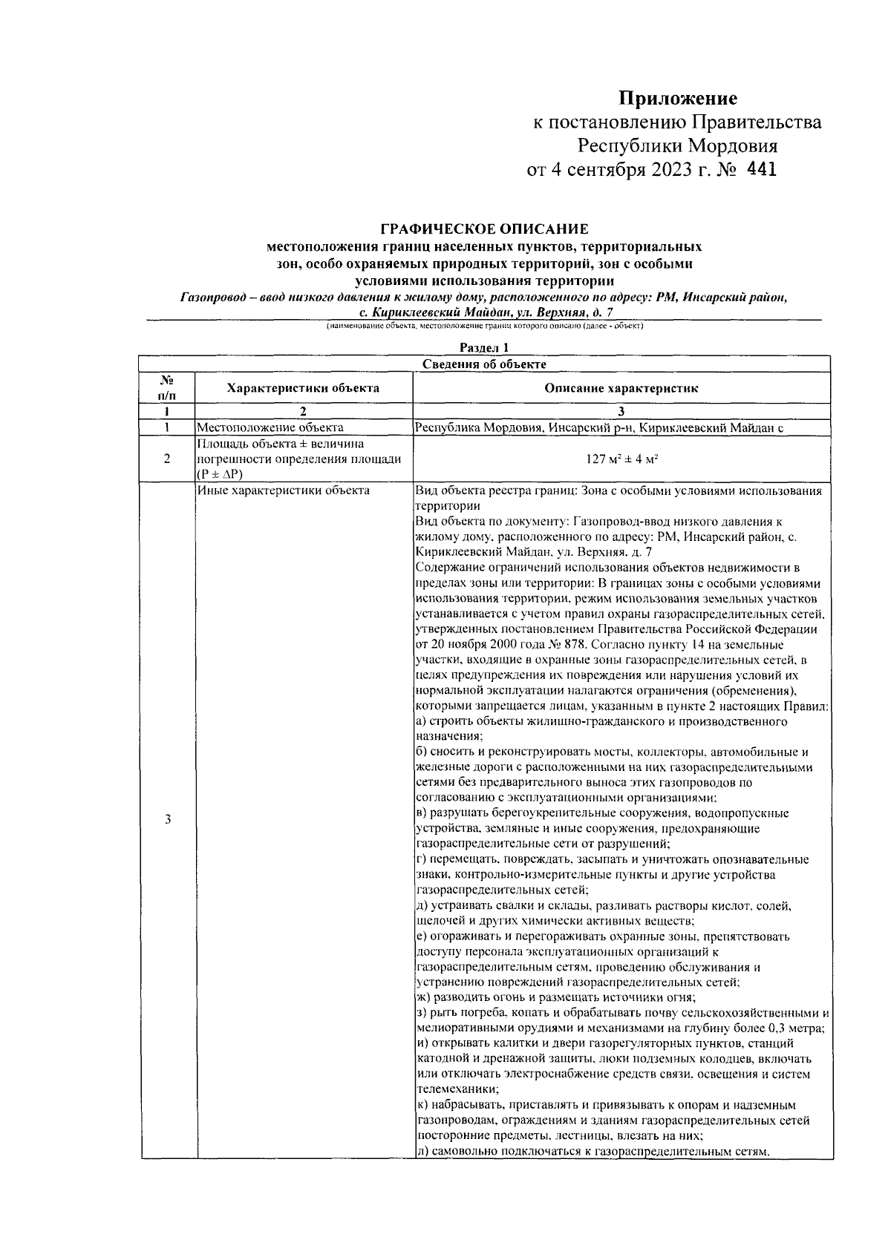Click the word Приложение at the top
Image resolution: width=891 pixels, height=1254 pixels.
point(678,98)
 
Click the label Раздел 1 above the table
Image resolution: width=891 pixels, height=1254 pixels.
point(483,347)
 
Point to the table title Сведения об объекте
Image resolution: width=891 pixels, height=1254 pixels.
point(484,364)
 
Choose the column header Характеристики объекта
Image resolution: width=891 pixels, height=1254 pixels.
point(303,387)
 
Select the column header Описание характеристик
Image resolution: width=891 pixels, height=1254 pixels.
point(621,387)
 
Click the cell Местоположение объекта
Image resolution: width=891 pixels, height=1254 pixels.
point(270,427)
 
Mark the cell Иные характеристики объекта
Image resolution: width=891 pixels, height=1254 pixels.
point(283,490)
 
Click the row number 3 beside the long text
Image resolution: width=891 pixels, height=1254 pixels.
point(168,819)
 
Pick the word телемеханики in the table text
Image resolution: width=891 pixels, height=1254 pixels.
point(453,1089)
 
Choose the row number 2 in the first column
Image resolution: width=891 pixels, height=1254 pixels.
point(168,459)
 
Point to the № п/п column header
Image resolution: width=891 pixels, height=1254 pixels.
point(168,387)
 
